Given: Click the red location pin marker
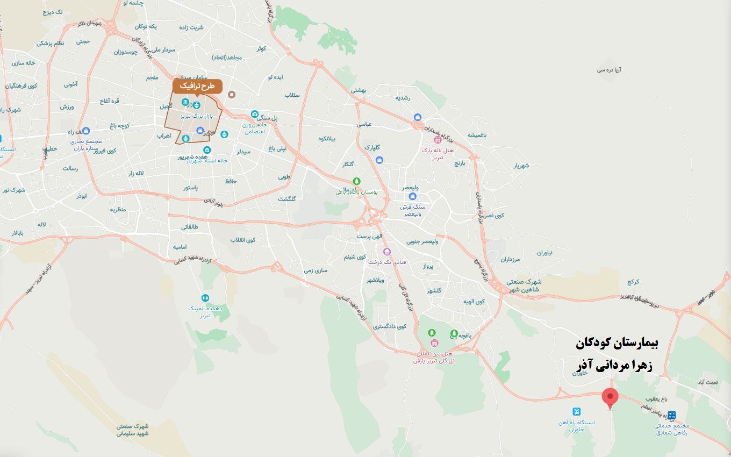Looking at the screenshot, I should [610, 397].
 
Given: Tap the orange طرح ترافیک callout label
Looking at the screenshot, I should [197, 86].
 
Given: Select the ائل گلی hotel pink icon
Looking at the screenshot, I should [434, 343].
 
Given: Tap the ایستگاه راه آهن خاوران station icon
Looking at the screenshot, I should [576, 412].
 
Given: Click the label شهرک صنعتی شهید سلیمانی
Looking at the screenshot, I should [132, 430].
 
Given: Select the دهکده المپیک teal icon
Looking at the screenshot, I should [205, 298].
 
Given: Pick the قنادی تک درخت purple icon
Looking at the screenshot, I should [386, 252].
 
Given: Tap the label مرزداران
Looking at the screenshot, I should [511, 260].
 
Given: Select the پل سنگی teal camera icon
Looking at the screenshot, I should [255, 115].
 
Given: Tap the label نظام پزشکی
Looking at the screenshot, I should [50, 43].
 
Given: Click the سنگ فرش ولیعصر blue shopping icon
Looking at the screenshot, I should [412, 197].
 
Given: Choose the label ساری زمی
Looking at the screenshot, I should [315, 270].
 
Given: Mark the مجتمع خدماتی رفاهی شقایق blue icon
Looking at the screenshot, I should [671, 415].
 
